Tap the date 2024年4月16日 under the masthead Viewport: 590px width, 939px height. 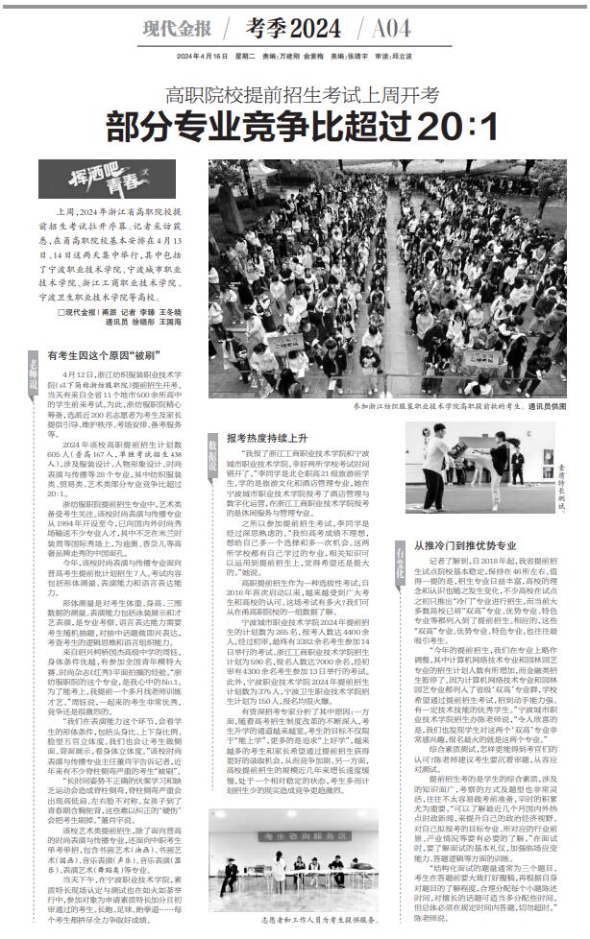198,56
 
